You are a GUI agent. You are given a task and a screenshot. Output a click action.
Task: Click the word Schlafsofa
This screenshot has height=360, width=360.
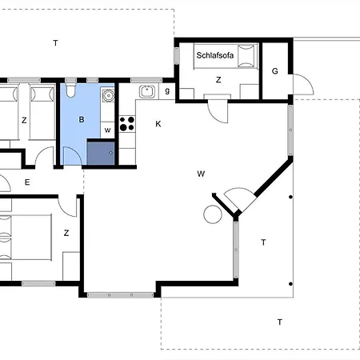point(215,55)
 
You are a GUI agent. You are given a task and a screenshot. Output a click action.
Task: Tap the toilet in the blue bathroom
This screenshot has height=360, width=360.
point(70,90)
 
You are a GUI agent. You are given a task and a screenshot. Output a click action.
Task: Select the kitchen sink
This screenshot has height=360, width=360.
point(146,91)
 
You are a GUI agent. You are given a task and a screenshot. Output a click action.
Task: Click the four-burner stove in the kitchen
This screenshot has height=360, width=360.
point(127,124)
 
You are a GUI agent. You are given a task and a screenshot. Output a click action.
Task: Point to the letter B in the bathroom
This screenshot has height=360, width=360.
point(82,119)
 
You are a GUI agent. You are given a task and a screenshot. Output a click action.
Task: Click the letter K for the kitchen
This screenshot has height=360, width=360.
point(158,124)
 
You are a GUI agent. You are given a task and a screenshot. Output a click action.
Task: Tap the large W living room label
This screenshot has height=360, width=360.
point(201,174)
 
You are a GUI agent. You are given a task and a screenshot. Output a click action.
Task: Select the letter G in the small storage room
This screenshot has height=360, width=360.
point(275,71)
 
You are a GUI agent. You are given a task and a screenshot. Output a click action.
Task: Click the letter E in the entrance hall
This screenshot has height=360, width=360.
point(27,182)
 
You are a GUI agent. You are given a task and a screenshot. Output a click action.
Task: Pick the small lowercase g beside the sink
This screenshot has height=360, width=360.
point(167,90)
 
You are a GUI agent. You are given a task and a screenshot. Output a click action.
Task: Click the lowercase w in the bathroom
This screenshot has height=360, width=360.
point(107,130)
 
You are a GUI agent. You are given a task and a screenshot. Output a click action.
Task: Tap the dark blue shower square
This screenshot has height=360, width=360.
point(101,154)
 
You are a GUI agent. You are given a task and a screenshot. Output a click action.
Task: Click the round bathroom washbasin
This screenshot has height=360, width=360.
point(108,95)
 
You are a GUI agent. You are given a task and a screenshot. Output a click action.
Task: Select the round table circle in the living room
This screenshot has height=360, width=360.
point(213,214)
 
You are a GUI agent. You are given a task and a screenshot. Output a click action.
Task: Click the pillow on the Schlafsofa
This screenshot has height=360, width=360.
point(246,56)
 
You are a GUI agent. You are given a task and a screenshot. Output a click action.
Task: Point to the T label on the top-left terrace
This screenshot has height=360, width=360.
point(55,43)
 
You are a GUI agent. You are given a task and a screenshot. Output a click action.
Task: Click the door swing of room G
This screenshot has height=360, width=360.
point(303,84)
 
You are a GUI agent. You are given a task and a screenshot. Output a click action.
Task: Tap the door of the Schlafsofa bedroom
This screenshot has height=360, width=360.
point(218,112)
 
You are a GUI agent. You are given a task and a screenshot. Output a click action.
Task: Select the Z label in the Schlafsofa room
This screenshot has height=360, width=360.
point(218,80)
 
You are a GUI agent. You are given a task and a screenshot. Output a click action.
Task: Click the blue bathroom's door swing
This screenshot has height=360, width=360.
point(72,156)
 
